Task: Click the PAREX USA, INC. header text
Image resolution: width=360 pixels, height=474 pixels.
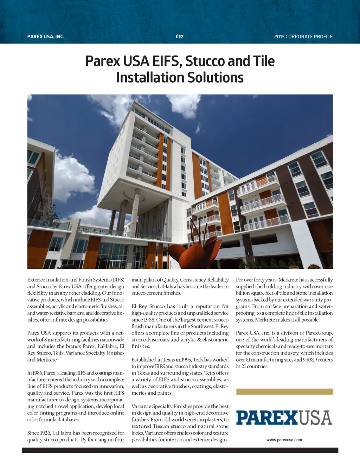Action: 46,37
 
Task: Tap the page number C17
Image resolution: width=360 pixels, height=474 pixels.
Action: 180,37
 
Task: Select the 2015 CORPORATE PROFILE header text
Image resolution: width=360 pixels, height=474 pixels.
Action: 303,37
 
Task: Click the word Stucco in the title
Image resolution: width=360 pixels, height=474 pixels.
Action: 205,61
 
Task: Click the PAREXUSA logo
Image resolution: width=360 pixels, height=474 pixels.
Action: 284,418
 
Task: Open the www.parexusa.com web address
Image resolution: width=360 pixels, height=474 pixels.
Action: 284,440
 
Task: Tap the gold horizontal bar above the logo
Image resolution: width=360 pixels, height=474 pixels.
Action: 284,392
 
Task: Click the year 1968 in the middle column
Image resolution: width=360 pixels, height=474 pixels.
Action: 148,320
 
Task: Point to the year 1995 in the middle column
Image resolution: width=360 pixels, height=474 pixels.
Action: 186,360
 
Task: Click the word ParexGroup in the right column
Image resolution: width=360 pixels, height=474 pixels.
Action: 319,333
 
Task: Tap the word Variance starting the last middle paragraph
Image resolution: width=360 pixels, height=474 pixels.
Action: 142,407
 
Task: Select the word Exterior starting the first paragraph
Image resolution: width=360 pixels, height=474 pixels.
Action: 36,280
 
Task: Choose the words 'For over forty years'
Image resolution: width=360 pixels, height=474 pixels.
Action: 256,280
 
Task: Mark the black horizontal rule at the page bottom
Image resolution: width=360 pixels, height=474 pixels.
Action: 180,450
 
